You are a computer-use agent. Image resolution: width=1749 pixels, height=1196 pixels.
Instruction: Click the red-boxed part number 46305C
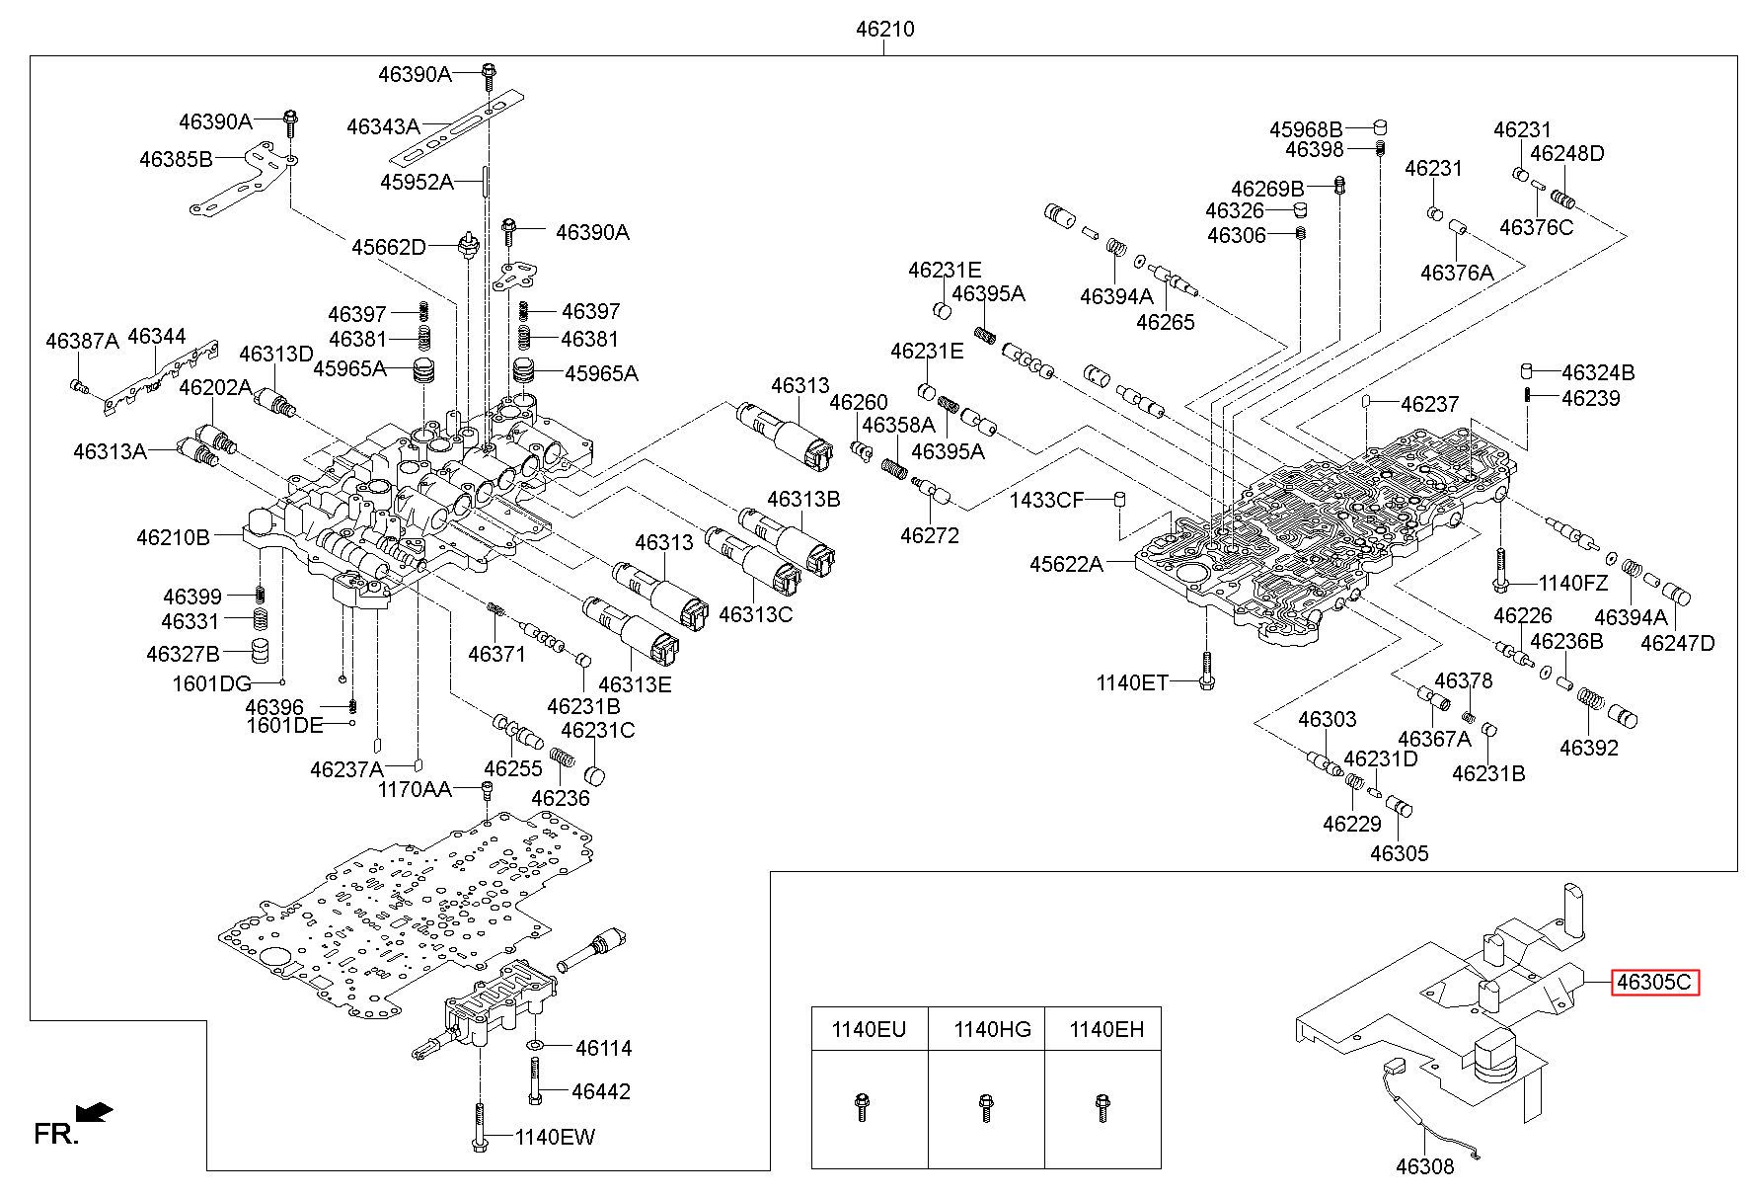[1655, 983]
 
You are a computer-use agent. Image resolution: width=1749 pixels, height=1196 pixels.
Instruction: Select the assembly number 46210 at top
[884, 30]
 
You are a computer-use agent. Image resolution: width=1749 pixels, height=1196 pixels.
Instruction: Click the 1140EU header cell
[869, 1030]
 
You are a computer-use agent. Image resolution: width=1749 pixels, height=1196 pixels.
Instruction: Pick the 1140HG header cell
[987, 1030]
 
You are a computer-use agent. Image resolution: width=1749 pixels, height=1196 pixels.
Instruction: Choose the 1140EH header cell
[1103, 1030]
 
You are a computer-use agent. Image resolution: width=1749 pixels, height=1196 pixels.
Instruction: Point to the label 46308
[1424, 1166]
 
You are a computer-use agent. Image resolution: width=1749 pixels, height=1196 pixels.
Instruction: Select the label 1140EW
[555, 1137]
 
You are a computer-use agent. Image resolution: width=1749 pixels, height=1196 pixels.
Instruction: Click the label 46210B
[173, 537]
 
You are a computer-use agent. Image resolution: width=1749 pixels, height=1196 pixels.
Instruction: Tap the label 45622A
[1066, 564]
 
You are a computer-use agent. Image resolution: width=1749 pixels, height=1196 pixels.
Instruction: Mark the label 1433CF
[1046, 500]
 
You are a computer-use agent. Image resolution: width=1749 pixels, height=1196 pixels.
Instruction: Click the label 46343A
[383, 126]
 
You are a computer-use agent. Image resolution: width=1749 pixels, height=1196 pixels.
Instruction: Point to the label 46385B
[176, 158]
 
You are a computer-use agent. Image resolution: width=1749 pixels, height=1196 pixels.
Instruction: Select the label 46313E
[635, 683]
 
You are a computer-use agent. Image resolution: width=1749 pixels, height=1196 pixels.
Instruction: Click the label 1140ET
[1132, 681]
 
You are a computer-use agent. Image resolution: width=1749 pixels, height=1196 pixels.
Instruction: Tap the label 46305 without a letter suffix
[1399, 853]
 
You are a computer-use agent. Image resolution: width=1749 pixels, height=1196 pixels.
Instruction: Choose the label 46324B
[1598, 372]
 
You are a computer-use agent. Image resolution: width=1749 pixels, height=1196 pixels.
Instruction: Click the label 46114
[603, 1048]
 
